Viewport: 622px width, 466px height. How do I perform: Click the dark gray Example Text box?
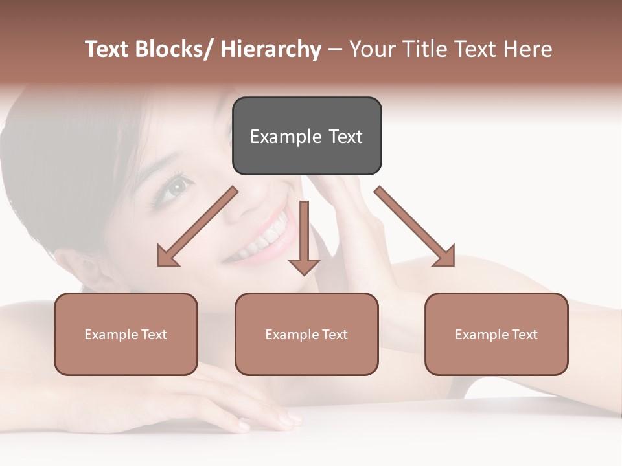pos(306,136)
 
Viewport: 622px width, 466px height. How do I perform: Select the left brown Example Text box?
pos(126,334)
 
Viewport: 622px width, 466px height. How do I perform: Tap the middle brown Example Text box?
pos(306,334)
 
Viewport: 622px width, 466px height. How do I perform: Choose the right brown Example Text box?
pos(496,334)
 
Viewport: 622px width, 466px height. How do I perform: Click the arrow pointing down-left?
pos(197,227)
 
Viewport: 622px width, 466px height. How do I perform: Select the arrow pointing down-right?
pos(415,227)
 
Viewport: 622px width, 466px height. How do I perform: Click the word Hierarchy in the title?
pos(271,50)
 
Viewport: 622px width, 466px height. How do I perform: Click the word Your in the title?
pos(371,50)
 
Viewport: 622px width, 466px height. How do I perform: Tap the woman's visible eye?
pos(174,188)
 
